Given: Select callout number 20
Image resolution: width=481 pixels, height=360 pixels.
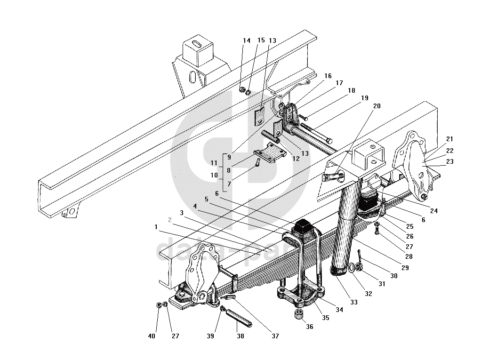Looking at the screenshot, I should [x=377, y=106].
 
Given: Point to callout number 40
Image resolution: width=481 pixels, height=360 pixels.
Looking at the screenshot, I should [x=152, y=336].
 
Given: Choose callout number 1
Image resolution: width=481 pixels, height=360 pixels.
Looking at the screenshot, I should [x=156, y=227].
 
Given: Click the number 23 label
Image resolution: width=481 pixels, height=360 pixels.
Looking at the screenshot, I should [x=450, y=162].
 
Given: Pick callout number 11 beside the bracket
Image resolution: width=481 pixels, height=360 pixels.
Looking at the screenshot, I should [x=214, y=163].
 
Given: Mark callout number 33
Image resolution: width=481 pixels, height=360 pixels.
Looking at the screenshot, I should [x=354, y=302].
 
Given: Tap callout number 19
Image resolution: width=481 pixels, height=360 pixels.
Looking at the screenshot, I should [x=365, y=98].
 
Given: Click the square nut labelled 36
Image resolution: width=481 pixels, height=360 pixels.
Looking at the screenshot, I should [x=299, y=314].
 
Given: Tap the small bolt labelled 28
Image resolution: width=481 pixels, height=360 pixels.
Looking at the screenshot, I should [x=377, y=230].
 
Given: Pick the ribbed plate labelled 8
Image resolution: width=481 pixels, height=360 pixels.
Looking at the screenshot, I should [x=271, y=155].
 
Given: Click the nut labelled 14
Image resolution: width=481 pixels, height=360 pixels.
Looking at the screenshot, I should [x=242, y=89].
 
